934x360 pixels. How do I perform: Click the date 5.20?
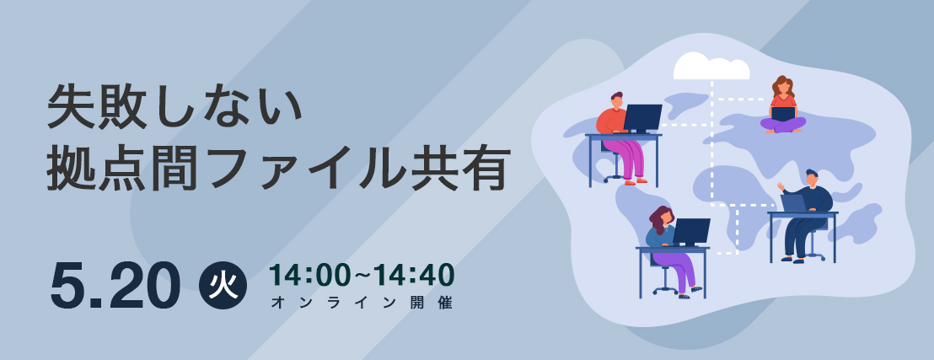pos(115,286)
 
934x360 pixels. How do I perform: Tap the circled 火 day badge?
pos(223,286)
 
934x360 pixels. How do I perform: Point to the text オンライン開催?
pos(362,303)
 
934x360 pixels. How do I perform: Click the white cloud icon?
pos(711,67)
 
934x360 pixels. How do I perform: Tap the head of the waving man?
pos(812,177)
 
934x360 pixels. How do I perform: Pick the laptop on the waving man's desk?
pos(793,203)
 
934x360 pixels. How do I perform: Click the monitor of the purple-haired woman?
pos(691,232)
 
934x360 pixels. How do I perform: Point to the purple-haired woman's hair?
pos(659,218)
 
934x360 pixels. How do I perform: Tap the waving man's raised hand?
pos(781,186)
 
